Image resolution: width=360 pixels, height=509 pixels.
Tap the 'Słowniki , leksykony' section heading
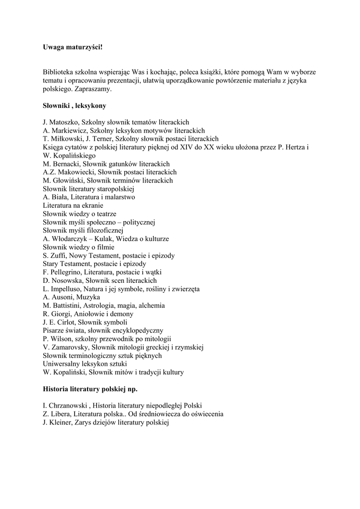74,106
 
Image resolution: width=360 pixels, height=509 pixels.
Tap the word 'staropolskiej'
116,189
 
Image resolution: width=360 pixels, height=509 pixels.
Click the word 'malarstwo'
117,197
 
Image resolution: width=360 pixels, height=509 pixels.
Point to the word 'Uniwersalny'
61,364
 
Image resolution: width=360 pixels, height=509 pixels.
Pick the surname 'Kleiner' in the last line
60,422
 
